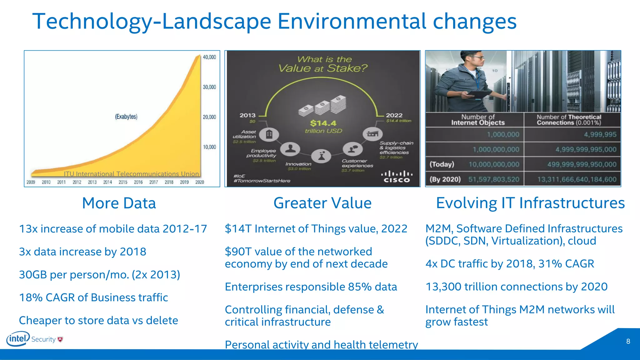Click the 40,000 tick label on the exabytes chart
point(209,57)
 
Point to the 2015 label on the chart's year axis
point(123,182)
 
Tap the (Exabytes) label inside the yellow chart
point(126,117)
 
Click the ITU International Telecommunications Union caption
point(131,174)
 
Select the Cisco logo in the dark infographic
point(397,177)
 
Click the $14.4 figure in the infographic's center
point(323,123)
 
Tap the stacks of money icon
point(322,105)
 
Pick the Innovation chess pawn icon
point(322,156)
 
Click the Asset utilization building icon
point(269,134)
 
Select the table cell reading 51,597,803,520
point(494,179)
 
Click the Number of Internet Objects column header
point(477,120)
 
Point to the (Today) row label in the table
point(442,164)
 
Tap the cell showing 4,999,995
point(600,135)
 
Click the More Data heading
point(119,203)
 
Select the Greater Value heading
point(322,203)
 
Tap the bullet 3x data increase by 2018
point(82,252)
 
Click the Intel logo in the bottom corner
point(18,339)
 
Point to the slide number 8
point(628,341)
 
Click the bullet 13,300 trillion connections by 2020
point(516,287)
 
